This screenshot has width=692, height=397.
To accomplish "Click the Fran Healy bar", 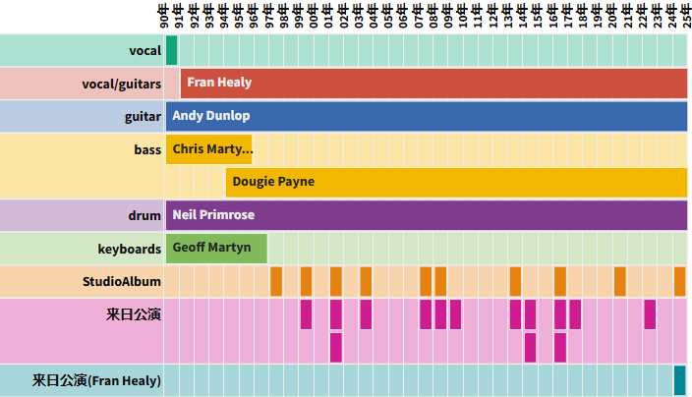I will (433, 84).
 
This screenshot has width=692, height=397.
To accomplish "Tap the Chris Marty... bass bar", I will (208, 149).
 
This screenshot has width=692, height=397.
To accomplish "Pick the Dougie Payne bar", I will (456, 182).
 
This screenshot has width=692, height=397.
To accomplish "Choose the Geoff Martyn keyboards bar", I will (216, 248).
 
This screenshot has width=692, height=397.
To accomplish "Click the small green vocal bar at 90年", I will (171, 50).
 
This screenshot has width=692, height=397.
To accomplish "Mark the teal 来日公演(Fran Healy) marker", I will (679, 379).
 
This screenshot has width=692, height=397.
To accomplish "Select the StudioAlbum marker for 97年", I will (276, 281).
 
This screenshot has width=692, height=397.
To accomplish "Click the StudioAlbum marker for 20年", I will (620, 281).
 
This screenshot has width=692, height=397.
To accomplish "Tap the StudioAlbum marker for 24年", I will (679, 281).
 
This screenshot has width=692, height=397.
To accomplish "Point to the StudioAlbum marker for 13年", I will (515, 281).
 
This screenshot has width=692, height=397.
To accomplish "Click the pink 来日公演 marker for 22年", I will (650, 314).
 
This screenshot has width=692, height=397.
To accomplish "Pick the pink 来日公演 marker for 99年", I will (306, 314).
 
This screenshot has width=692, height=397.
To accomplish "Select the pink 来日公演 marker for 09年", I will (455, 314).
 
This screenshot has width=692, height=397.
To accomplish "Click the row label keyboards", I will (129, 249).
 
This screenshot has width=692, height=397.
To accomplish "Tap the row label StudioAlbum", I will (121, 282).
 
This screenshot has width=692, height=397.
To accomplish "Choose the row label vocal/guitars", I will (121, 85).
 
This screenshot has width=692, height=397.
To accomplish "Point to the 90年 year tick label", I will (164, 17).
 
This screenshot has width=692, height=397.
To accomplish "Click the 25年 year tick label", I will (686, 17).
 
